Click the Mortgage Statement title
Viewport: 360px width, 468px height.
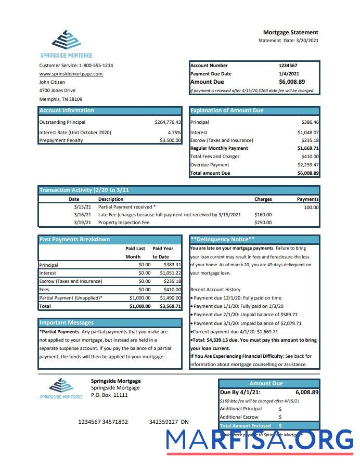[290, 32]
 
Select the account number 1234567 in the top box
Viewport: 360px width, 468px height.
[288, 66]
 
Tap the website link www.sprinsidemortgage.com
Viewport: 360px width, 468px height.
[71, 74]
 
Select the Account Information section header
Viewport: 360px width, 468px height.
[67, 110]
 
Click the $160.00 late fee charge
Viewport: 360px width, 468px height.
[263, 214]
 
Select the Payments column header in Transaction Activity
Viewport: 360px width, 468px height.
[307, 199]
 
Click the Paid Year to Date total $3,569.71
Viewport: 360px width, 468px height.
[170, 306]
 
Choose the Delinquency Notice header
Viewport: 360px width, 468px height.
[222, 239]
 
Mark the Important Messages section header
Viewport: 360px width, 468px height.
[67, 322]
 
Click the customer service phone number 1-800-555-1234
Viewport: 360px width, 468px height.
[96, 66]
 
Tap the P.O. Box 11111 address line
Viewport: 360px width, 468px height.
[109, 395]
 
